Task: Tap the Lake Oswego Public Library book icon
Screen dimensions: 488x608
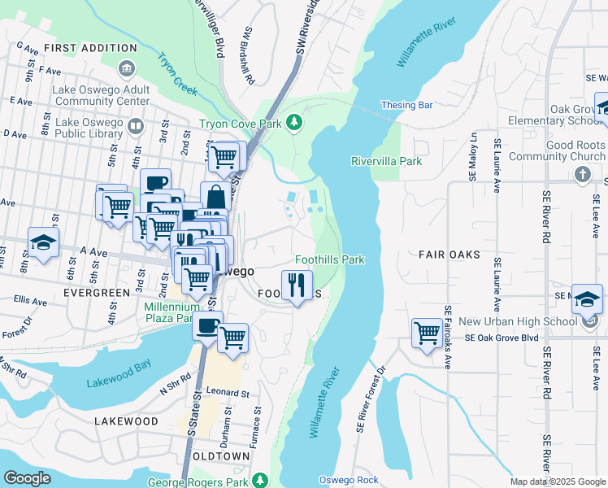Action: pyautogui.click(x=136, y=127)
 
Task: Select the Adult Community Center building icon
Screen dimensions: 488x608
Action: pyautogui.click(x=126, y=68)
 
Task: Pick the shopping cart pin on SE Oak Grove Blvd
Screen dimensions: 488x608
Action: pyautogui.click(x=427, y=332)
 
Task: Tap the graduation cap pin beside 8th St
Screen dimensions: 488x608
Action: pyautogui.click(x=44, y=242)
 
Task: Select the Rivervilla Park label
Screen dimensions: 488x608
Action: pyautogui.click(x=386, y=161)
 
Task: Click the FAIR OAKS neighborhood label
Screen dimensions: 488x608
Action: pyautogui.click(x=449, y=255)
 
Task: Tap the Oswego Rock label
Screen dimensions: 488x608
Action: pyautogui.click(x=349, y=479)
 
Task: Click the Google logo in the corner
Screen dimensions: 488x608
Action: pyautogui.click(x=27, y=478)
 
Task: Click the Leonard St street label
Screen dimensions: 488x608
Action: pyautogui.click(x=227, y=392)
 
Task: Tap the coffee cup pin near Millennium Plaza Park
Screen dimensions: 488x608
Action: pyautogui.click(x=207, y=327)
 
